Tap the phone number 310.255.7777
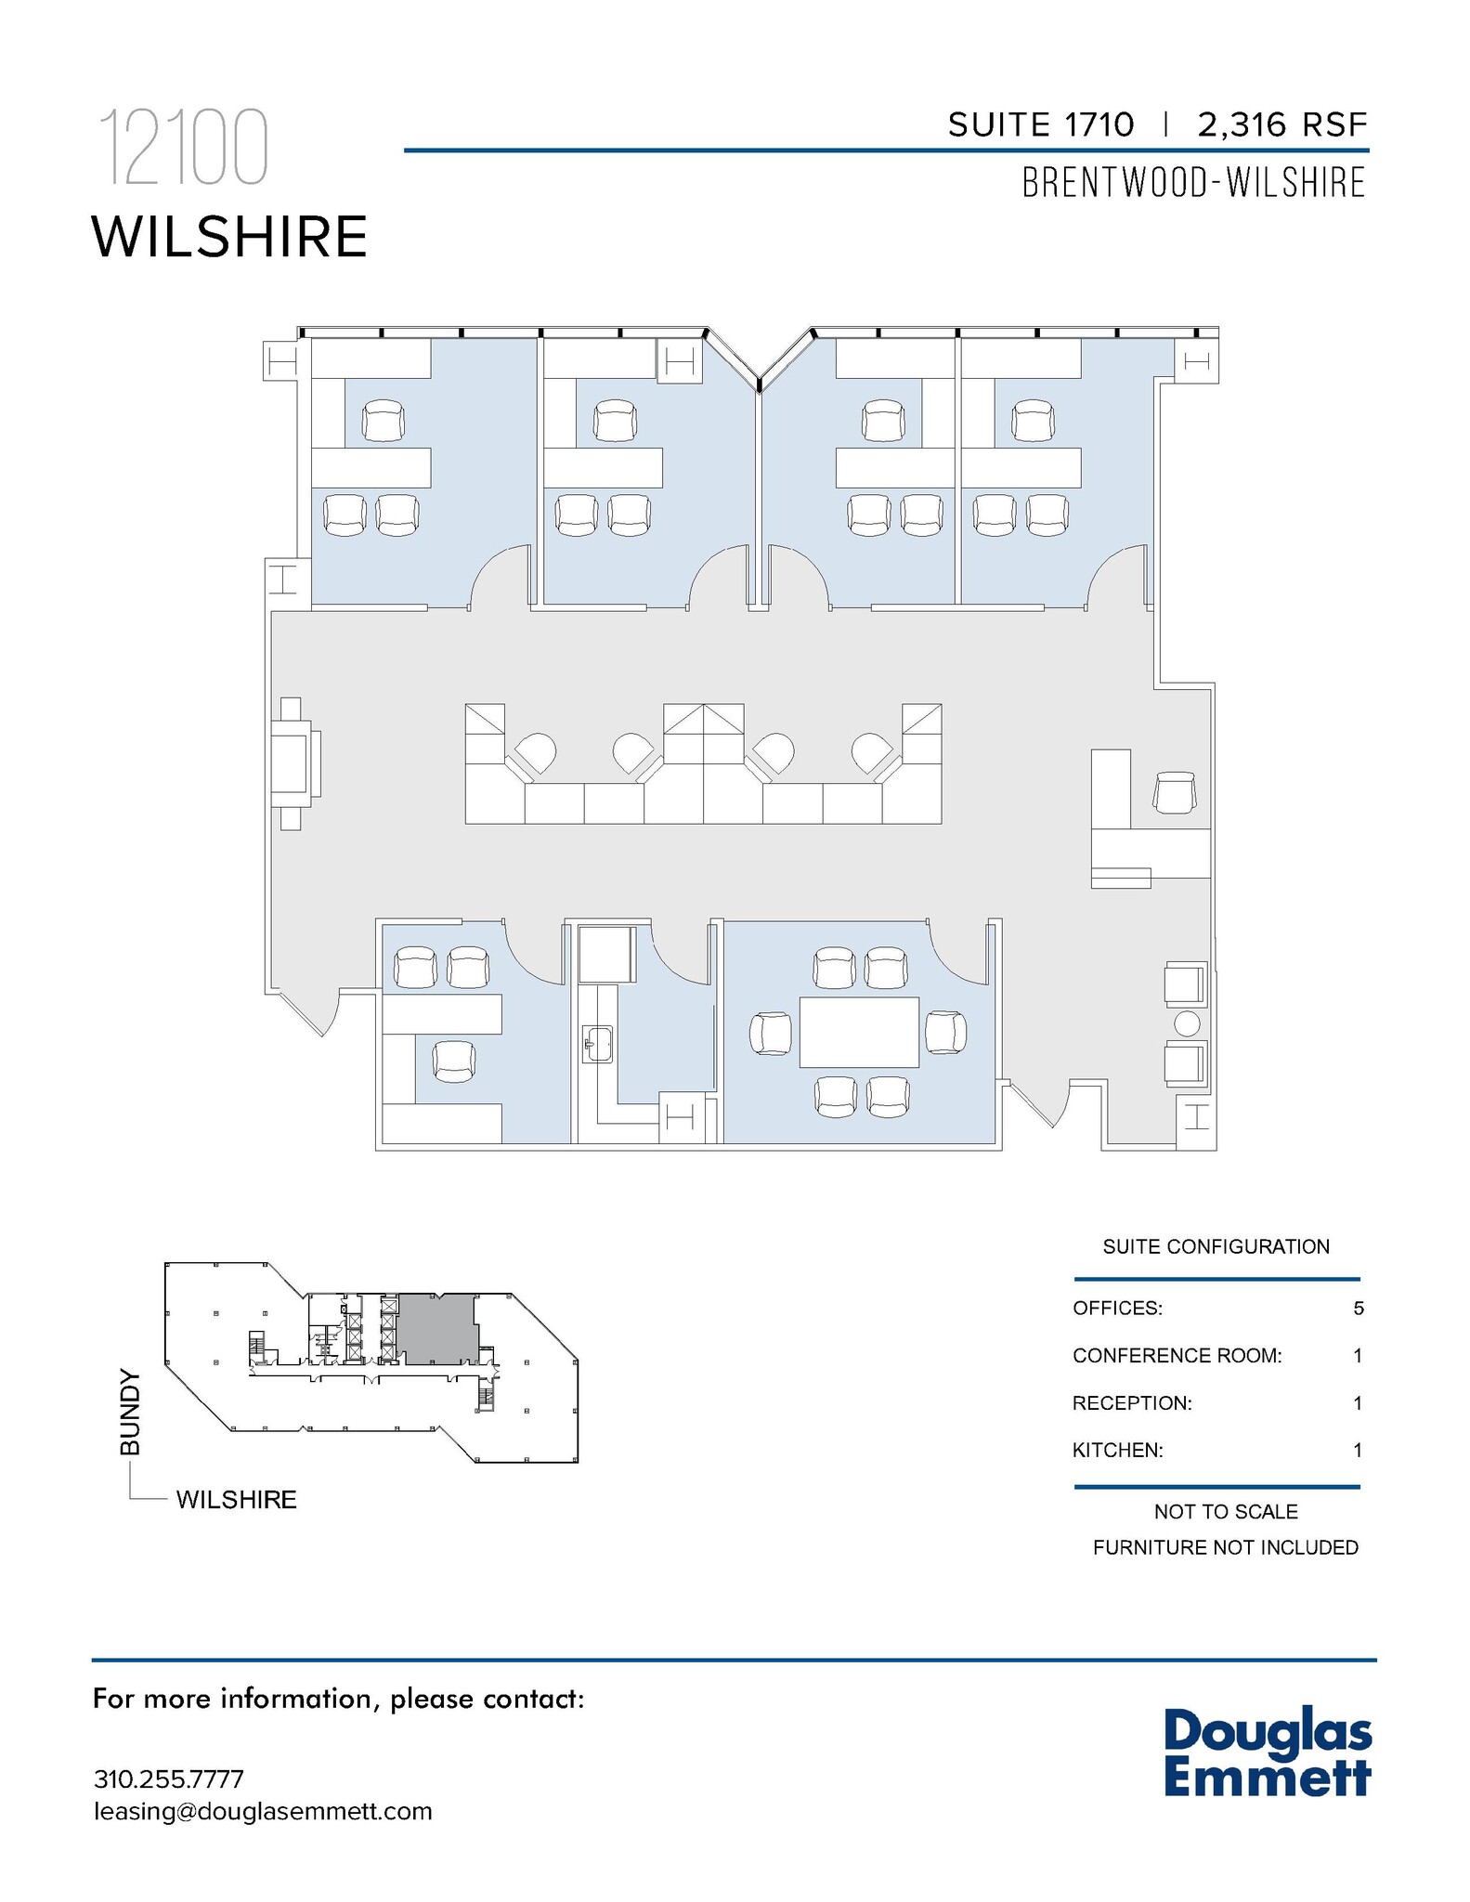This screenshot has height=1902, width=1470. click(x=168, y=1779)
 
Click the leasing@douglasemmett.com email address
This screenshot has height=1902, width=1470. click(x=263, y=1812)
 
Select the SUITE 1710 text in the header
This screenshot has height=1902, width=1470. click(x=1040, y=124)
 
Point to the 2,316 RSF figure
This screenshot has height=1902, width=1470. click(x=1282, y=124)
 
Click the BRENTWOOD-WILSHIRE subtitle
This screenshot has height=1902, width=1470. click(x=1193, y=182)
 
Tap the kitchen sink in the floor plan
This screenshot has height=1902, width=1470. click(x=598, y=1043)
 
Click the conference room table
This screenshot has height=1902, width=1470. click(x=859, y=1032)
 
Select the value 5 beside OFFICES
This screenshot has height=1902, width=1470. click(x=1359, y=1309)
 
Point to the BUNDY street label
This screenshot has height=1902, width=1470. click(x=131, y=1412)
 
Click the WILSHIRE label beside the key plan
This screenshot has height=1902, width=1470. click(x=236, y=1499)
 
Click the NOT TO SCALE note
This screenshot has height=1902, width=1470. click(x=1225, y=1512)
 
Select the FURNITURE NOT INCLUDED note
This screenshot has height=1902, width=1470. click(x=1225, y=1547)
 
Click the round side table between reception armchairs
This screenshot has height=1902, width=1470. click(x=1187, y=1023)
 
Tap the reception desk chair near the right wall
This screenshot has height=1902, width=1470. click(x=1175, y=792)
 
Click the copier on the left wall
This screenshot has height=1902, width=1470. click(x=294, y=763)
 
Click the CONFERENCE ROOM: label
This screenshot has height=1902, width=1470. click(x=1177, y=1356)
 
